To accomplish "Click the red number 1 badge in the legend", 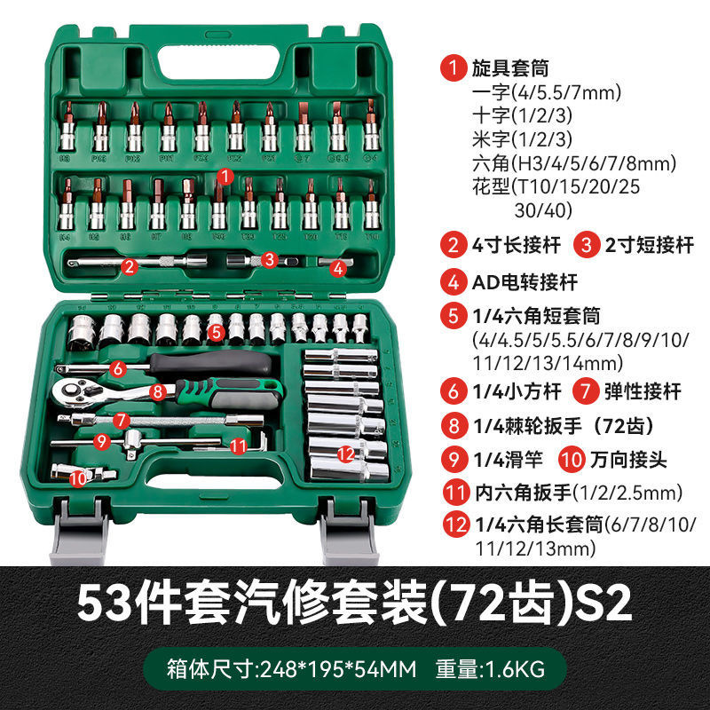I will [x=455, y=67].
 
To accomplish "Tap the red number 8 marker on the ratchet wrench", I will [x=156, y=389].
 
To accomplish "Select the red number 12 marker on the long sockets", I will [x=346, y=454].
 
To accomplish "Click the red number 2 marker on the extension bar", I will [x=130, y=265].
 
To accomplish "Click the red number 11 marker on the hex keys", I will [x=237, y=446].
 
